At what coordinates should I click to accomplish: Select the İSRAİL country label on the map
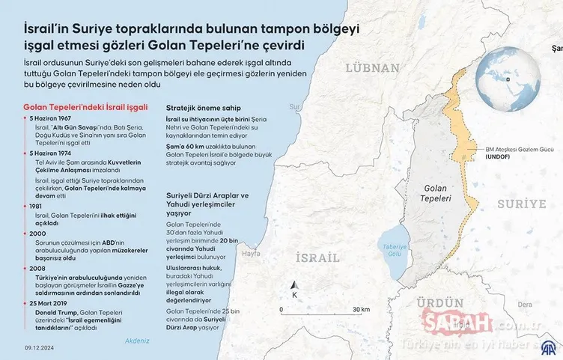coord(322,258)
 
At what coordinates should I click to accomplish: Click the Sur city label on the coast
coord(294,106)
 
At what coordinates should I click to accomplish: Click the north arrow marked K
coord(294,289)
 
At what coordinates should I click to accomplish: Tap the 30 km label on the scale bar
coord(360,309)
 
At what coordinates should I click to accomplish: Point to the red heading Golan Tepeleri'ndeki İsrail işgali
coord(81,106)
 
